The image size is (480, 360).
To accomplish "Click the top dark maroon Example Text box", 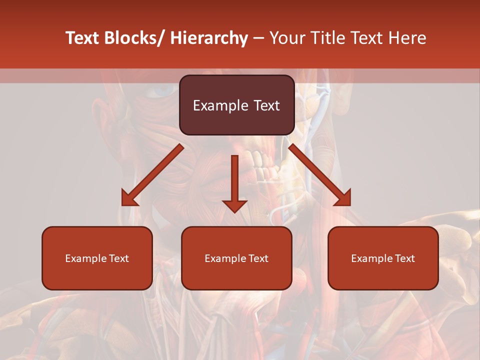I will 236,105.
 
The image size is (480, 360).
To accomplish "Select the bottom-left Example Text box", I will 97,258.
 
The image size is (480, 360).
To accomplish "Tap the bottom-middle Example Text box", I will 236,258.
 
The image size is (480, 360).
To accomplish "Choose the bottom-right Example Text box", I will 383,258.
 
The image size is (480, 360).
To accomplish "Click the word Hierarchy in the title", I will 209,38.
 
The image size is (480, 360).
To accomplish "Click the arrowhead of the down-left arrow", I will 129,198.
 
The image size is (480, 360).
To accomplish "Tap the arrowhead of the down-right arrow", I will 343,198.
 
